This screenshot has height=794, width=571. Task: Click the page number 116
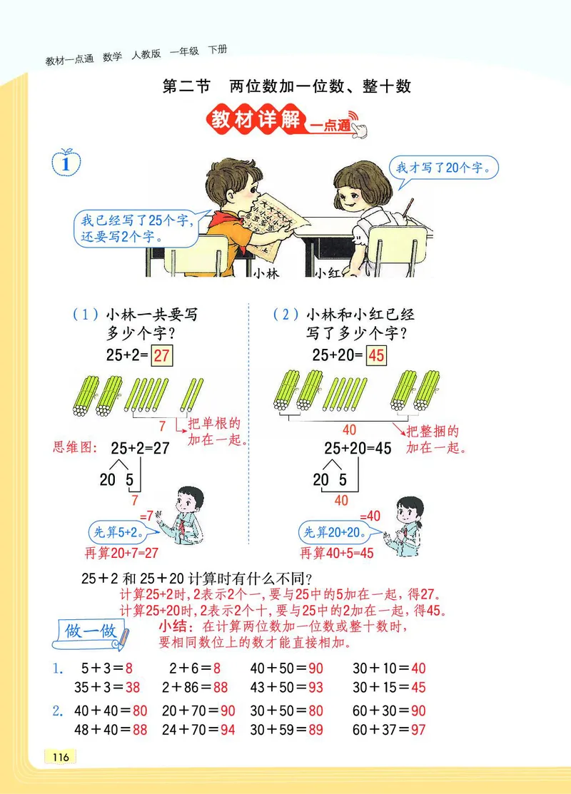(x=61, y=757)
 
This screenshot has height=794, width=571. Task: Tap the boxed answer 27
(x=162, y=356)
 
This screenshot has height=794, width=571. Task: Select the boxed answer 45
(x=376, y=356)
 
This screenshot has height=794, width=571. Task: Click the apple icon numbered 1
(x=66, y=163)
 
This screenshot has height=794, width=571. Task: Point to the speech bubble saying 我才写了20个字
(x=443, y=169)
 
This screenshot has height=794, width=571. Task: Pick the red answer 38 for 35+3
(x=133, y=687)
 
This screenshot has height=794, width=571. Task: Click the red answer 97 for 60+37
(x=418, y=730)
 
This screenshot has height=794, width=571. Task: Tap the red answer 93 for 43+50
(x=316, y=687)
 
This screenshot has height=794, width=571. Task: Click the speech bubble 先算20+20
(x=334, y=531)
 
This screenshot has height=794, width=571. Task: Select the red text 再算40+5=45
(x=337, y=554)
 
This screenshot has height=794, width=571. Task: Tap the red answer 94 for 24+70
(x=228, y=730)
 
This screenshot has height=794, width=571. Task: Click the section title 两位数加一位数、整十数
(x=320, y=87)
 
